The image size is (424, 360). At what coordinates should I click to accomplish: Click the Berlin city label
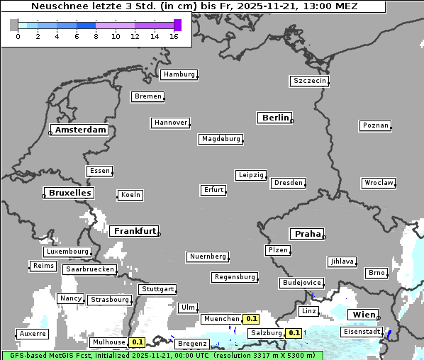pyautogui.click(x=275, y=118)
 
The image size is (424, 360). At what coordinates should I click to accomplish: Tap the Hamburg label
pyautogui.click(x=178, y=74)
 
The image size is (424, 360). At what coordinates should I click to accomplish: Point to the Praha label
pyautogui.click(x=306, y=234)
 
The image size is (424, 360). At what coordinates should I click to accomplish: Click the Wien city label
pyautogui.click(x=362, y=314)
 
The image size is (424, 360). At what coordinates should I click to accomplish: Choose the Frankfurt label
pyautogui.click(x=134, y=231)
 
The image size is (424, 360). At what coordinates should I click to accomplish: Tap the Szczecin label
pyautogui.click(x=310, y=81)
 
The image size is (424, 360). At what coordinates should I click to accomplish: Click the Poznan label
pyautogui.click(x=375, y=125)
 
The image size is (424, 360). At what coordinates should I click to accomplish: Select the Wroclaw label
pyautogui.click(x=378, y=183)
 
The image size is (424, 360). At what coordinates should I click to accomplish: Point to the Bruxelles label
pyautogui.click(x=69, y=193)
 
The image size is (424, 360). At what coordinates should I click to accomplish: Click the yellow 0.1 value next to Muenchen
pyautogui.click(x=251, y=319)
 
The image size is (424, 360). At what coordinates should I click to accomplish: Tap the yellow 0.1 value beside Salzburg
pyautogui.click(x=294, y=333)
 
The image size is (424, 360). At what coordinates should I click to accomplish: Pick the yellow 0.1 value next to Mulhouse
pyautogui.click(x=138, y=342)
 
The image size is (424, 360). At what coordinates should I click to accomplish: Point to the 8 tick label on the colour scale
pyautogui.click(x=96, y=36)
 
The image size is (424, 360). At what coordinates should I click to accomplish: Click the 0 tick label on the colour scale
pyautogui.click(x=18, y=36)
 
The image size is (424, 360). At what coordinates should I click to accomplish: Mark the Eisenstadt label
pyautogui.click(x=362, y=332)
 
